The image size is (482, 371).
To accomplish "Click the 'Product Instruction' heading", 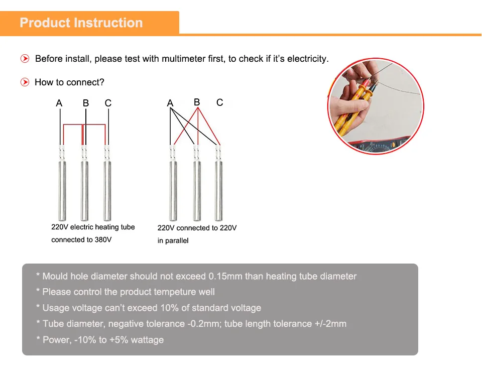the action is pos(81,23).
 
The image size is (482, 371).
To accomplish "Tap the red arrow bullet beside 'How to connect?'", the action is pos(25,82).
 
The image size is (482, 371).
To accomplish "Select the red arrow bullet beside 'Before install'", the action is pos(25,58).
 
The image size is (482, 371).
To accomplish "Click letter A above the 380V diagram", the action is pos(59,103).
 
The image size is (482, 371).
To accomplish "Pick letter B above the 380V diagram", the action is pos(86,103).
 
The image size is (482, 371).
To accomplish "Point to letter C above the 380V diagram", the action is pos(108,103).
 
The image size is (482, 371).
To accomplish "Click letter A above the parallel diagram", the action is pos(170,103).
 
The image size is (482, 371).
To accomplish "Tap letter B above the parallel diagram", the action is pos(197,102).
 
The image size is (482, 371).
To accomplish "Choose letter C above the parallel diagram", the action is pos(219,102).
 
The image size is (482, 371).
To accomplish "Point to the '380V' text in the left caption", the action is pos(103,239).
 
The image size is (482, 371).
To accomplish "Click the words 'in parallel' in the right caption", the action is pos(173,240).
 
